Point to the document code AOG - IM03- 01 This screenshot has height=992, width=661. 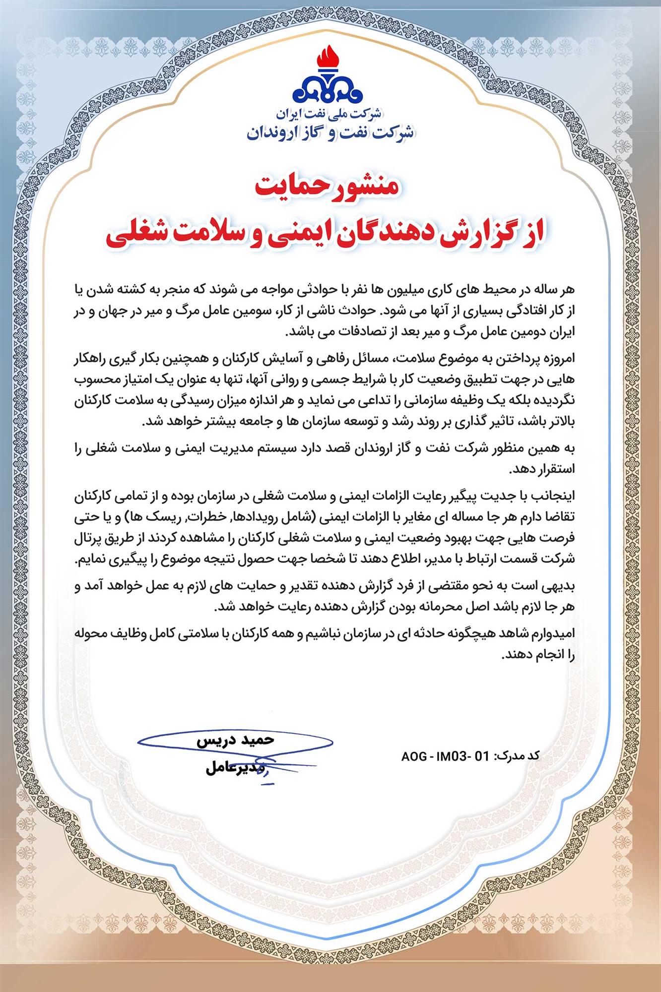pyautogui.click(x=445, y=756)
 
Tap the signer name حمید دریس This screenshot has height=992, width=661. pyautogui.click(x=235, y=740)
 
